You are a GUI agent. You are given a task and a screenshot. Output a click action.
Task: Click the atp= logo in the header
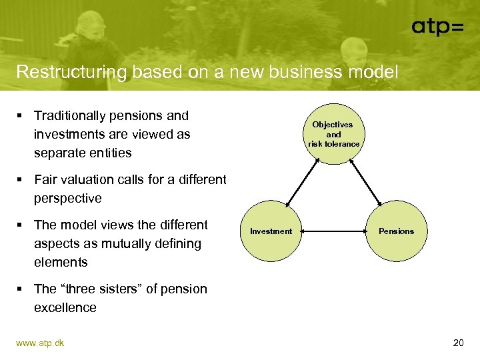[x=437, y=26]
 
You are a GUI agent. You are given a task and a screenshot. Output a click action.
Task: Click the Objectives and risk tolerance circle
[x=333, y=134]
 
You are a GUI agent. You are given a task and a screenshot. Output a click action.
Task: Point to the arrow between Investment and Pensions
[x=333, y=231]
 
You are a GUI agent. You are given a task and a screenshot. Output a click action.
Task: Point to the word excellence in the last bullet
[x=65, y=308]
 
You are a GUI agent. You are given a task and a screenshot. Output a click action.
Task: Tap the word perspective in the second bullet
[x=68, y=199]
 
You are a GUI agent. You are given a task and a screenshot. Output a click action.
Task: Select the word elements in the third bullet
[x=61, y=263]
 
